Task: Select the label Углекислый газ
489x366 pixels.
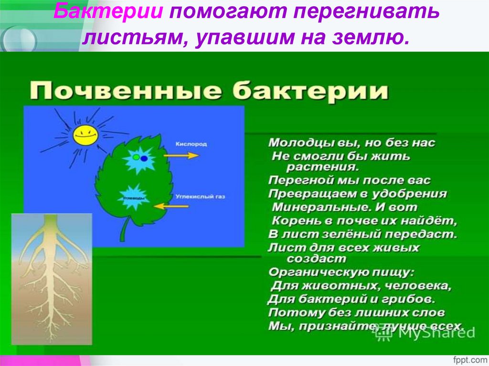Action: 193,196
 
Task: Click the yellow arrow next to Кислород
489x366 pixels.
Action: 184,156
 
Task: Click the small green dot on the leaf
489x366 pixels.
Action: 136,157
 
